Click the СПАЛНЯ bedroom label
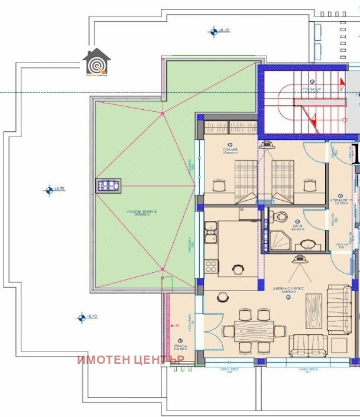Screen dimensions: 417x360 [230, 151]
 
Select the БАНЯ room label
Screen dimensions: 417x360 [298, 226]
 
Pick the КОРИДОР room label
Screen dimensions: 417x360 [342, 200]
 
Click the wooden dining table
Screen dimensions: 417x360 [255, 326]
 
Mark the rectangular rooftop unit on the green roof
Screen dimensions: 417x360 [110, 185]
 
